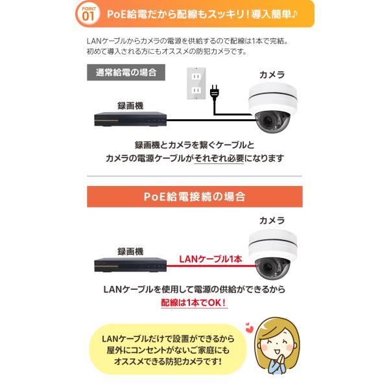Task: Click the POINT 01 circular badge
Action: (88, 14)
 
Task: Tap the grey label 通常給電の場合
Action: (126, 73)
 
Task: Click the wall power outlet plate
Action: (196, 84)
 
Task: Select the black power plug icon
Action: (215, 91)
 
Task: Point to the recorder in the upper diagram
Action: (130, 119)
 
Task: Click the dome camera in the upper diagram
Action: (273, 108)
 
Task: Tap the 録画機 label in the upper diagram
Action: (130, 106)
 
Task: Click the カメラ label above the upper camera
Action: (272, 75)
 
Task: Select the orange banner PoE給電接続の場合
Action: (194, 196)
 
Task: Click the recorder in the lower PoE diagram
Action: (130, 265)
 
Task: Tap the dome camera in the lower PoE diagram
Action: (273, 254)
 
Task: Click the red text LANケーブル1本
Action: (210, 259)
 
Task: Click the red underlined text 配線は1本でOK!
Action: (194, 303)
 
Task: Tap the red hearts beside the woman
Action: (249, 327)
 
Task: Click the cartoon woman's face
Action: (276, 342)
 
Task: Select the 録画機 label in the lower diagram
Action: (130, 252)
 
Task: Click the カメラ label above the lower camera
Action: (272, 220)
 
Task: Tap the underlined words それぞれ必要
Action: (219, 158)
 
